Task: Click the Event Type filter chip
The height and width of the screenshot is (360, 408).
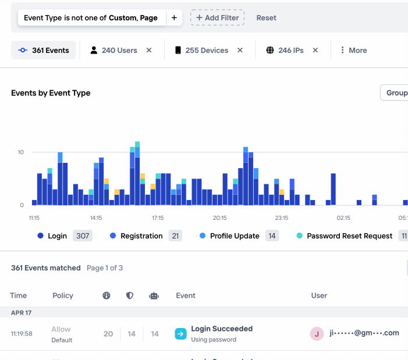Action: (x=91, y=18)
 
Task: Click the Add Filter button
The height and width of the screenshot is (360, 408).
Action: (x=217, y=18)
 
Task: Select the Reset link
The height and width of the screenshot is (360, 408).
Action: (x=267, y=18)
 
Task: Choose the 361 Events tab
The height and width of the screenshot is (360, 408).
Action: (x=44, y=51)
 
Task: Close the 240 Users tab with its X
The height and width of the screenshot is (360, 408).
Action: (x=149, y=51)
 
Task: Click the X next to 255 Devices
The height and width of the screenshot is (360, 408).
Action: (x=240, y=51)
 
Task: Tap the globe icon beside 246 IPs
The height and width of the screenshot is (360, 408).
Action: (x=270, y=51)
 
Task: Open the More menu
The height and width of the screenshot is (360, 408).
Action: (x=353, y=51)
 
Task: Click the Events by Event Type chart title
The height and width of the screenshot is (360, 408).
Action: (x=51, y=93)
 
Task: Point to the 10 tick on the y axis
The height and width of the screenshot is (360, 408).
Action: (x=20, y=152)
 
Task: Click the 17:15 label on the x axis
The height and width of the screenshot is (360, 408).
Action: (x=158, y=218)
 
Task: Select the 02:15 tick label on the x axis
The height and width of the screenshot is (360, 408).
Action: (x=343, y=218)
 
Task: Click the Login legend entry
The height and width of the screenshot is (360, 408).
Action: (x=57, y=236)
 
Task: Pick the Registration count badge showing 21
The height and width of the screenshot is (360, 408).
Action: (x=175, y=236)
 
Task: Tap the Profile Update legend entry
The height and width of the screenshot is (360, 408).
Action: (x=235, y=236)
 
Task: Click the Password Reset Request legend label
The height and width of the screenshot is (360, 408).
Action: (x=349, y=236)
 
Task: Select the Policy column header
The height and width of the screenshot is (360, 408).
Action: (x=63, y=295)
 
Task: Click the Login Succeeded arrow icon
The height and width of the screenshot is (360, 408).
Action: (x=180, y=334)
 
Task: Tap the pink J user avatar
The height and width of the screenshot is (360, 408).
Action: (x=317, y=334)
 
